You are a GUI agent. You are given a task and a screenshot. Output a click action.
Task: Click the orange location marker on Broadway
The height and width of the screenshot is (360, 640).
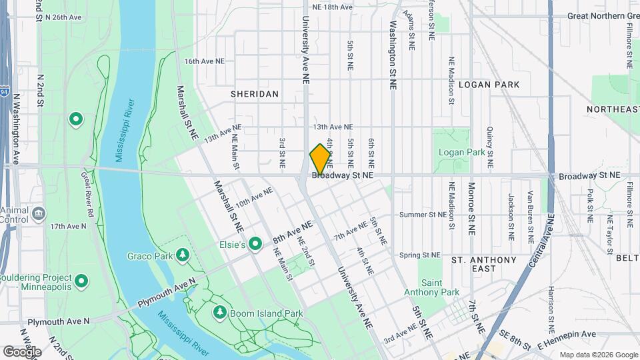(x=320, y=159)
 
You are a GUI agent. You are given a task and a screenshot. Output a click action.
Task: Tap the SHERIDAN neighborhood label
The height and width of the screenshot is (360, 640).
(x=255, y=94)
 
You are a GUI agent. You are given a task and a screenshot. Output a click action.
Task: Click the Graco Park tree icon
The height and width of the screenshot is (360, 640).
(x=182, y=255)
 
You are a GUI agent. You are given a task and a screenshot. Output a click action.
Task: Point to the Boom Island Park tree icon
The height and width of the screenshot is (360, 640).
(x=220, y=312)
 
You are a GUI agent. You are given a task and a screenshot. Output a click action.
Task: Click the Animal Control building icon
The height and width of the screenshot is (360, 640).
(x=38, y=214)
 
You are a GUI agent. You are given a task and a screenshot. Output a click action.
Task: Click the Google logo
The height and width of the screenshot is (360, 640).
(x=22, y=351)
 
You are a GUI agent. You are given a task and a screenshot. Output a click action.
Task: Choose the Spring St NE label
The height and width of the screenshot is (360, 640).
(x=420, y=255)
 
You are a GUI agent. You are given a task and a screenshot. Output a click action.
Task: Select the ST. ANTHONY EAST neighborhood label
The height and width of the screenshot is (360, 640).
(x=483, y=264)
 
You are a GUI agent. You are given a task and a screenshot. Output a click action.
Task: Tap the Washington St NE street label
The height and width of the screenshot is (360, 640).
(x=393, y=57)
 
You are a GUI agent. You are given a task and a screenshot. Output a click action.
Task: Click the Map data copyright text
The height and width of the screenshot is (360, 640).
(x=597, y=355)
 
